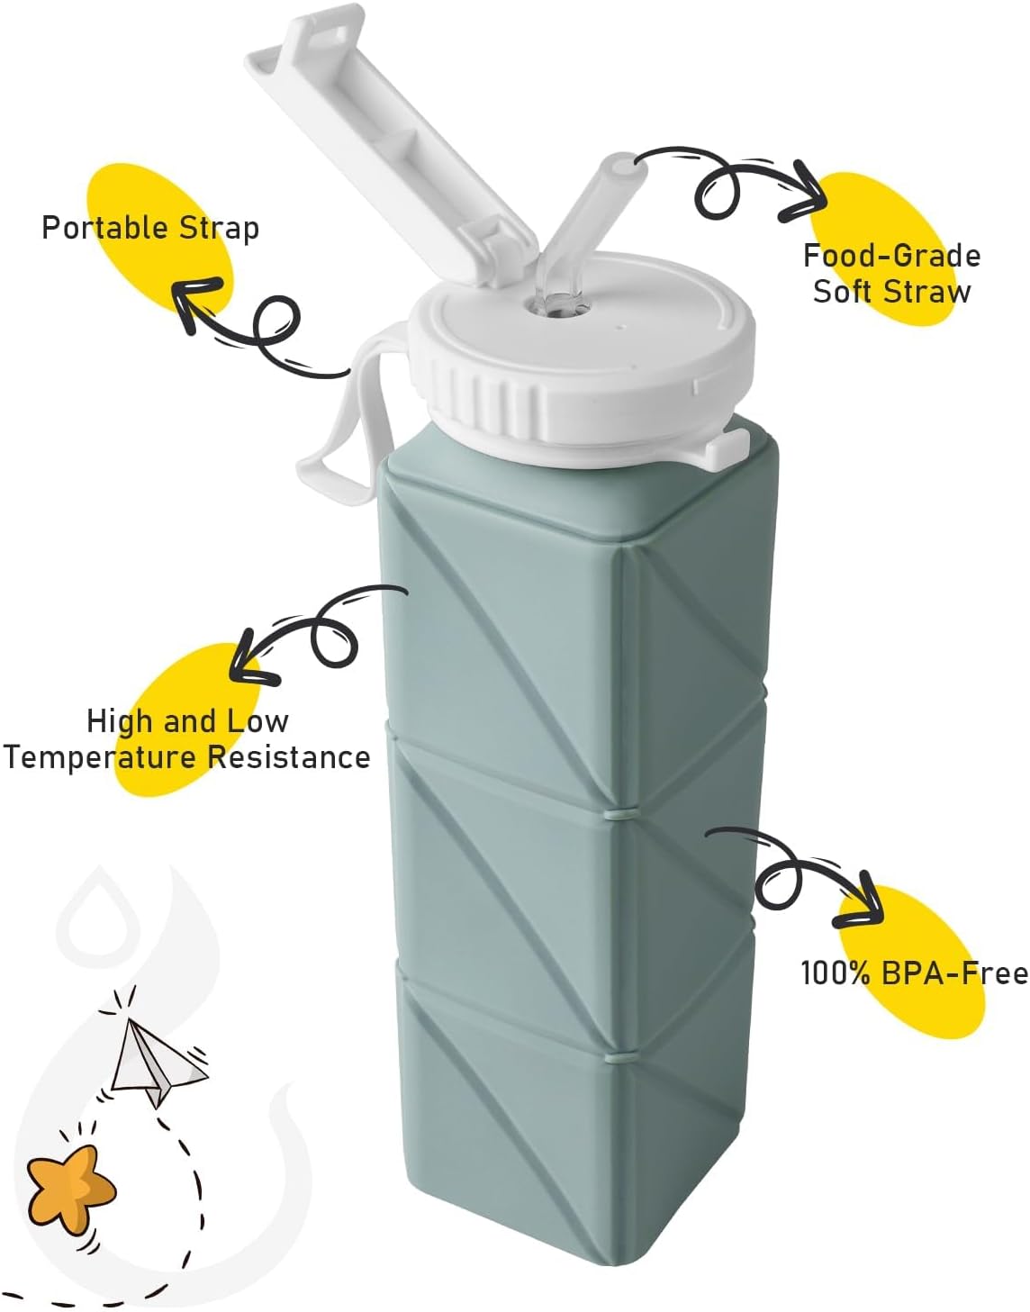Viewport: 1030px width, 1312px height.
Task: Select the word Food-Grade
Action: click(892, 256)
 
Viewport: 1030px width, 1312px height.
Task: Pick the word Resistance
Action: click(289, 756)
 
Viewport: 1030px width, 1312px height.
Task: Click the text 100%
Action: click(837, 973)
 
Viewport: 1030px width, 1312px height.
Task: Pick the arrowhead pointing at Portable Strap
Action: click(194, 302)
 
